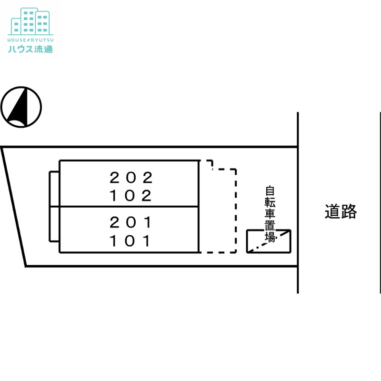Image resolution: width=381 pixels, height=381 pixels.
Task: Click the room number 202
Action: point(131,178)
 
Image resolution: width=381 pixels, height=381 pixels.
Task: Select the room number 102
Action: point(131,196)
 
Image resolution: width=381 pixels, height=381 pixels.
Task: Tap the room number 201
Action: point(131,222)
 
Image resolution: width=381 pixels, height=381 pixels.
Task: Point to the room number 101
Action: point(130,241)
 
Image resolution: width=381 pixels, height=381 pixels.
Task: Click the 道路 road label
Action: point(341,211)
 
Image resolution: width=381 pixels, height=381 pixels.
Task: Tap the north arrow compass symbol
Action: point(21,107)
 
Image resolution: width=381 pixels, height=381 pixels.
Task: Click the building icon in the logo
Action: point(30,21)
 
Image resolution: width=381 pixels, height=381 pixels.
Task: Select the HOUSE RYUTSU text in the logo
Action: point(30,40)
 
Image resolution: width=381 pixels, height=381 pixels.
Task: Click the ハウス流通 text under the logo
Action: point(30,49)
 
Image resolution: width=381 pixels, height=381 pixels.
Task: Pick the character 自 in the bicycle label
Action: point(270,191)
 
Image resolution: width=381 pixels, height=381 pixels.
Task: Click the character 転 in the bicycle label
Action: point(270,202)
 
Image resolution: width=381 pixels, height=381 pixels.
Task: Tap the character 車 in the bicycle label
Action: point(270,213)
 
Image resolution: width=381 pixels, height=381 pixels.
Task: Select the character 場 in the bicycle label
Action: point(270,237)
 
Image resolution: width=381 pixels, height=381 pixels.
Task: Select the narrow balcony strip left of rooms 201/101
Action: point(50,224)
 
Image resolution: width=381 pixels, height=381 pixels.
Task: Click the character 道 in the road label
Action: point(332,211)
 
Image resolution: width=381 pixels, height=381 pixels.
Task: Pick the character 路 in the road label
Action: point(349,211)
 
